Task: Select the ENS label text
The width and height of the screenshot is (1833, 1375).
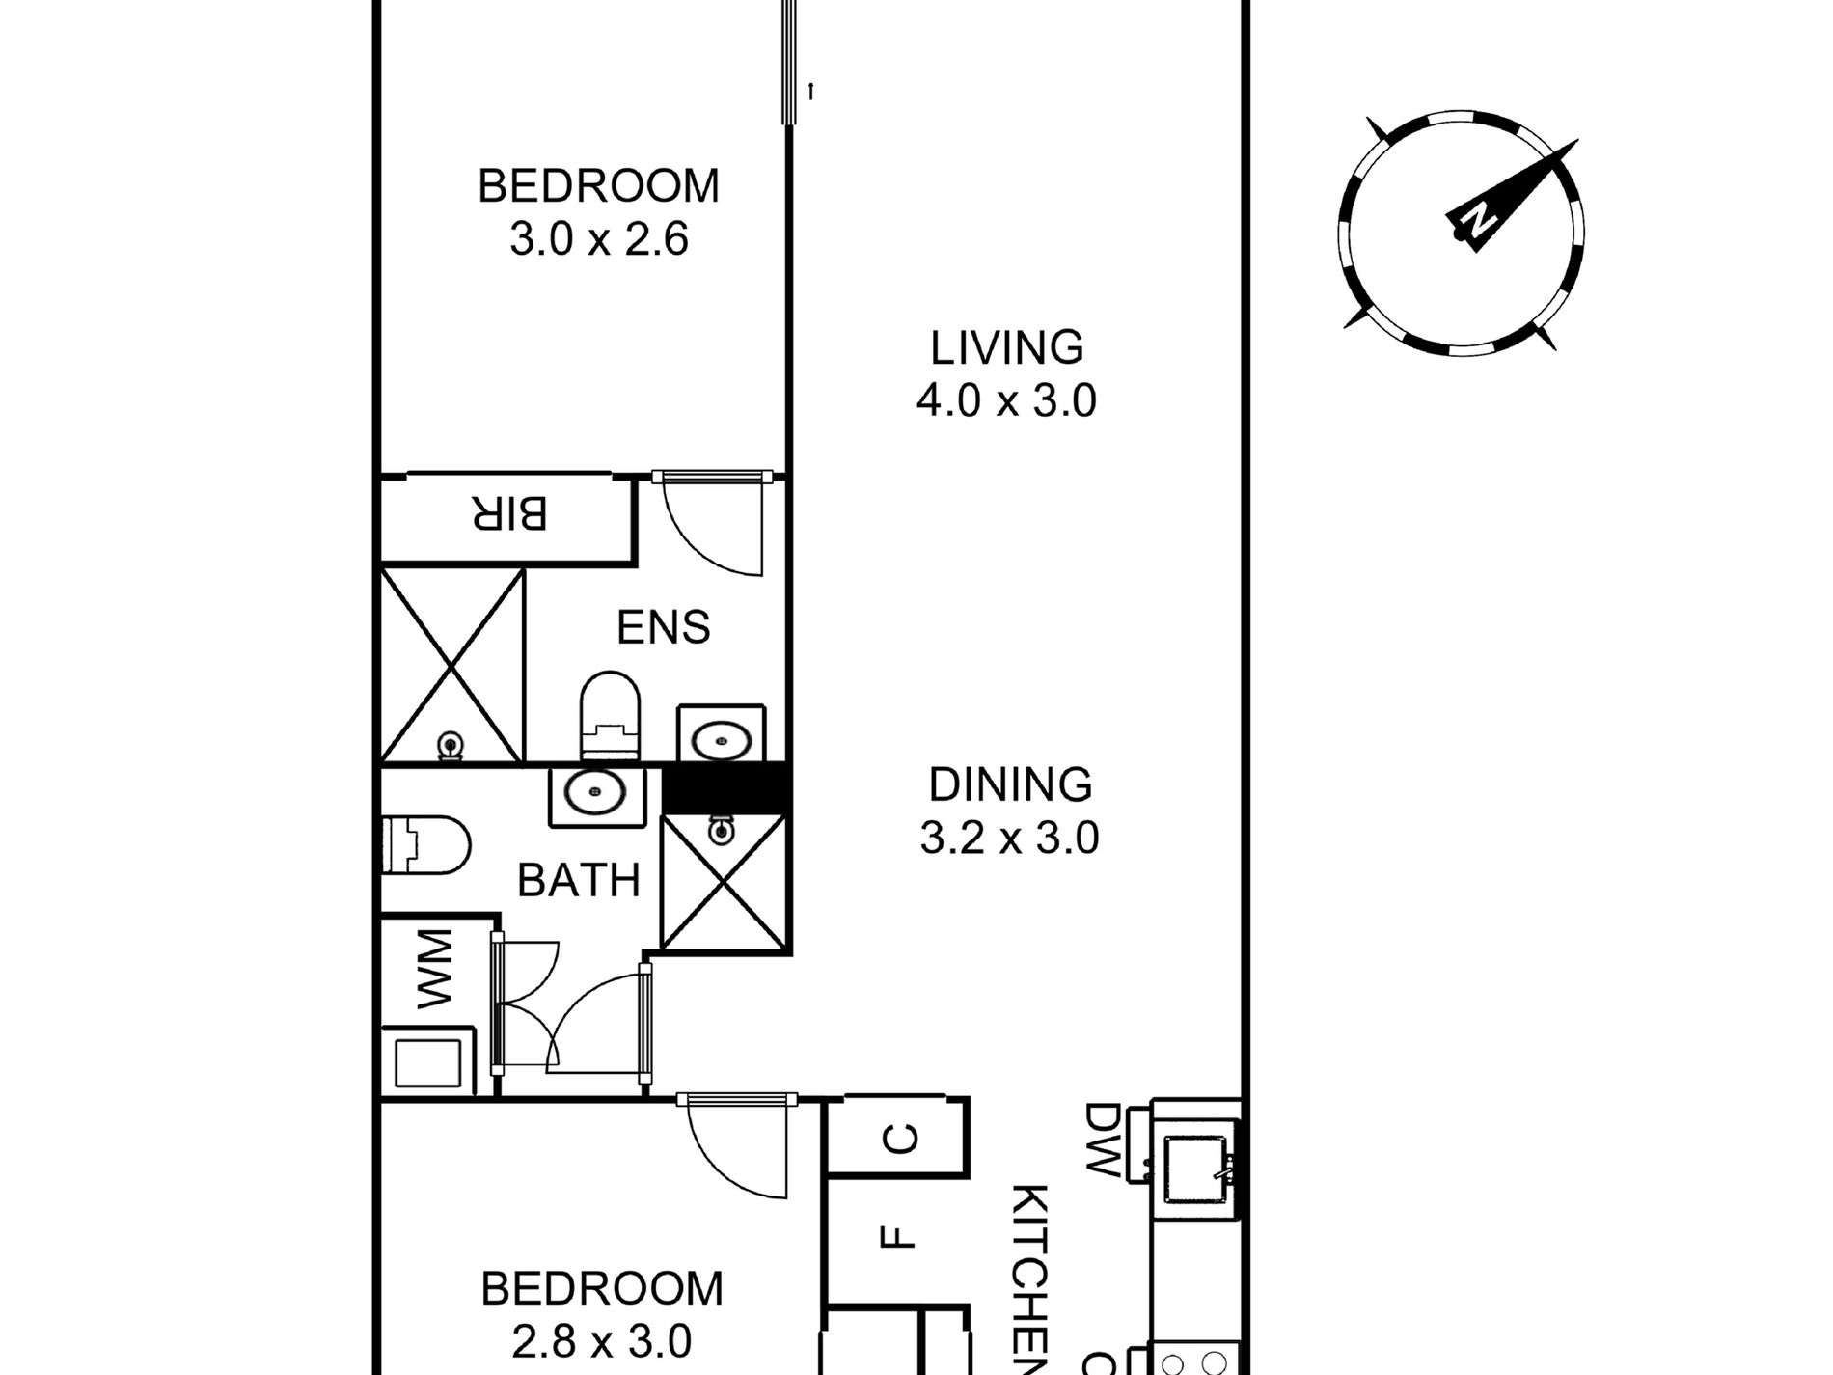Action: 664,627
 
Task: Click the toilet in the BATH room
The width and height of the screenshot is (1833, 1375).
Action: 425,844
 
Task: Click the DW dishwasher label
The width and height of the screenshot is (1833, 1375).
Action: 1102,1141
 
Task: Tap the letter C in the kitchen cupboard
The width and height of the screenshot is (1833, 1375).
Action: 900,1140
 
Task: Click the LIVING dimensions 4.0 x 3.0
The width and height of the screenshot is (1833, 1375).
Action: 1006,399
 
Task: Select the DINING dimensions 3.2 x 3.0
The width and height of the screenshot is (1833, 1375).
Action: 1009,838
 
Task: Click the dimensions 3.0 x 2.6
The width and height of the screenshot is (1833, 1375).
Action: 599,239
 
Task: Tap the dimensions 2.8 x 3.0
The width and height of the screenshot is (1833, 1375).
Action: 601,1342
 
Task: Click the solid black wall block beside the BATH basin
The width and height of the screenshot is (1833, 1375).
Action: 725,787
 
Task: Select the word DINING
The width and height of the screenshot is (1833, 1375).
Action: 1010,784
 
